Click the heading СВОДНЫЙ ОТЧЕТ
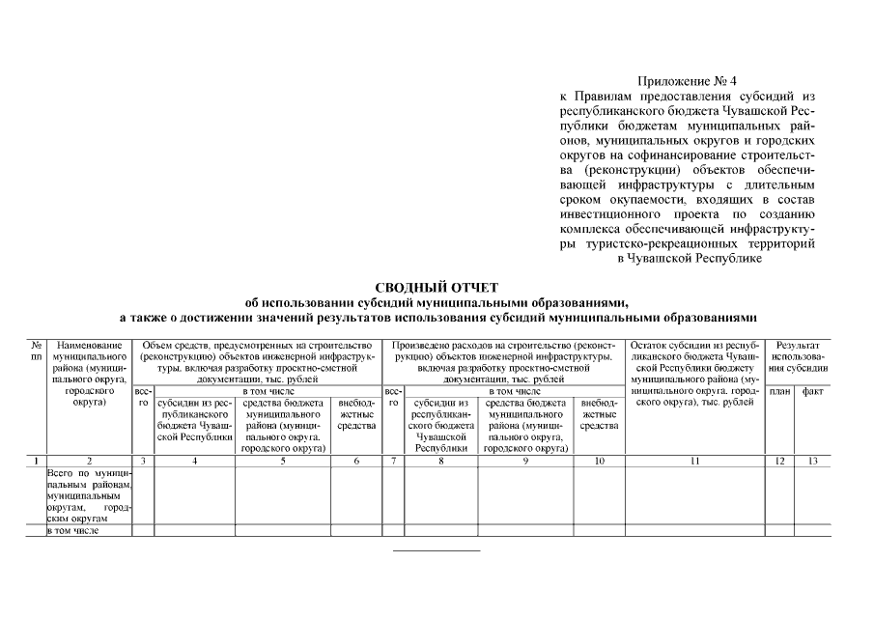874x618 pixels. (436, 287)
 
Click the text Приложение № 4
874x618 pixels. (687, 81)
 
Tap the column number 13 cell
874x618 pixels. (812, 462)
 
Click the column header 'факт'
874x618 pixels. (812, 392)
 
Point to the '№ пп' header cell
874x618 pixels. (35, 351)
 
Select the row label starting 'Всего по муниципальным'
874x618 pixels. (88, 495)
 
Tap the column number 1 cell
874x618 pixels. (35, 462)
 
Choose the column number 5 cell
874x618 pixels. (283, 462)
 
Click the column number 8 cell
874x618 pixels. (440, 462)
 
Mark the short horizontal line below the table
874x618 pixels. (436, 550)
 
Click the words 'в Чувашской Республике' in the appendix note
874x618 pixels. (690, 258)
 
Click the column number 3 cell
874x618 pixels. (142, 462)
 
